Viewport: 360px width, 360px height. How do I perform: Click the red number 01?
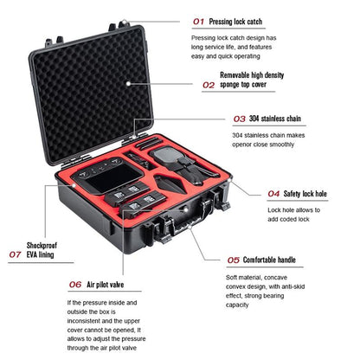point(199,20)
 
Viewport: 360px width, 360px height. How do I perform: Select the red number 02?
point(209,86)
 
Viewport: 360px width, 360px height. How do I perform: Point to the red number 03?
point(240,119)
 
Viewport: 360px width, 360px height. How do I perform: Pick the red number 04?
point(273,194)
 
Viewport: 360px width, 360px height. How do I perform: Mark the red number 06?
point(75,283)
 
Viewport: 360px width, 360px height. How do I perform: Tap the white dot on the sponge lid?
point(127,83)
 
